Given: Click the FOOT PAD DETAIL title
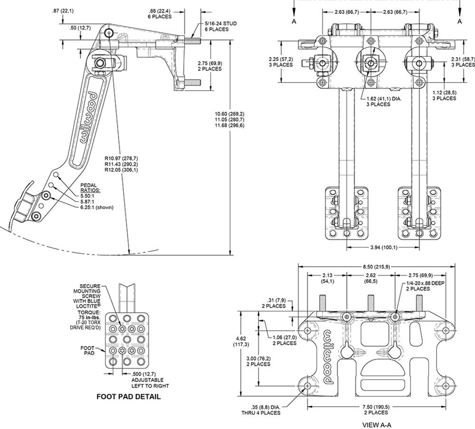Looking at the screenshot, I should click(128, 396).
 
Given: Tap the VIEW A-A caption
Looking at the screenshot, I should click(377, 425).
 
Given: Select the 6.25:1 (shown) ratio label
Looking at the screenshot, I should click(97, 207).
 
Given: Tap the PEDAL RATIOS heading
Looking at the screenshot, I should click(89, 188).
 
